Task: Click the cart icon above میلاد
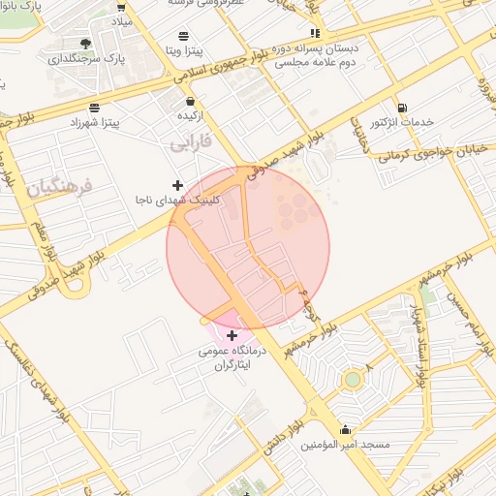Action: (x=122, y=5)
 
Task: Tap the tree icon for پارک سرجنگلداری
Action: (x=86, y=44)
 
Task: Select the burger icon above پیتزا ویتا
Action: (x=183, y=36)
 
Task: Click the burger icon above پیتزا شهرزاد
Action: (x=94, y=108)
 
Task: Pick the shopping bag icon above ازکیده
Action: (x=191, y=100)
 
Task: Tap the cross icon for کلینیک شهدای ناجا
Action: (x=177, y=184)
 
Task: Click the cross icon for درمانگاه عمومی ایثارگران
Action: (x=231, y=335)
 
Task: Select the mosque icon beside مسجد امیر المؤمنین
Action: (x=345, y=429)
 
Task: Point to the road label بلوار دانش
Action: (x=282, y=432)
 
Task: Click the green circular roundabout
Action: (x=353, y=379)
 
